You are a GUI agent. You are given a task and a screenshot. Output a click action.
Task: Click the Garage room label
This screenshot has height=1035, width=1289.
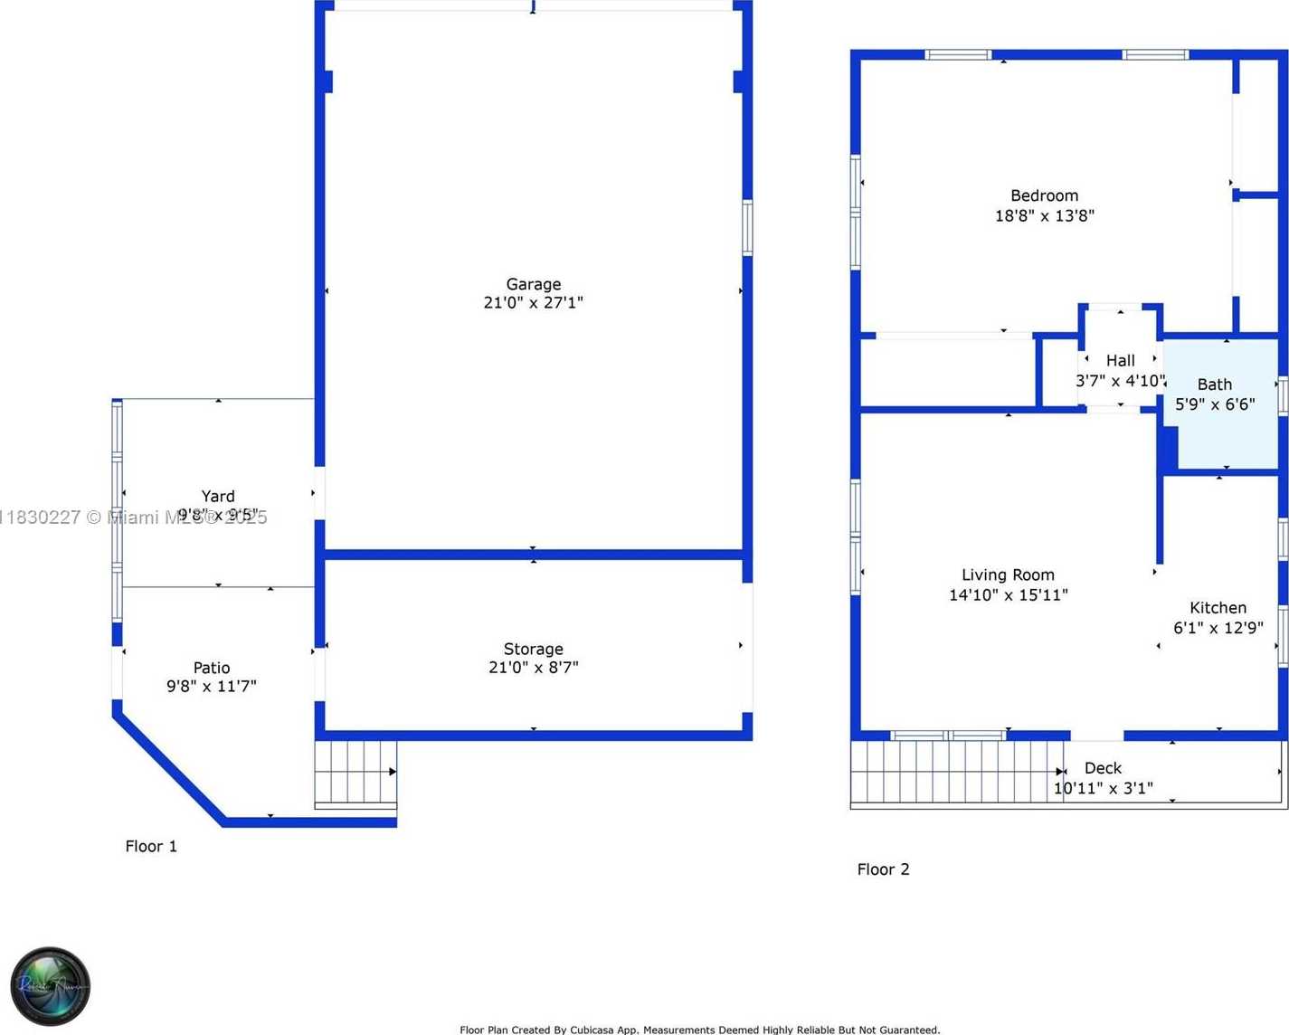pos(533,284)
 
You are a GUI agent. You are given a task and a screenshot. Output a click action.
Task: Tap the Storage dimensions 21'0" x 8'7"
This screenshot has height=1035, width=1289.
pos(533,668)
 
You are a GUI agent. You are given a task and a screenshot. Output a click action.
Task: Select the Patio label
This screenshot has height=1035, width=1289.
pos(212,668)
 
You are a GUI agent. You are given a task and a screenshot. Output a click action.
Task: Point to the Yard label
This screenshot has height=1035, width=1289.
pos(218,496)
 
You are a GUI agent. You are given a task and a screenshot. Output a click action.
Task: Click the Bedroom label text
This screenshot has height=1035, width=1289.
pos(1044,195)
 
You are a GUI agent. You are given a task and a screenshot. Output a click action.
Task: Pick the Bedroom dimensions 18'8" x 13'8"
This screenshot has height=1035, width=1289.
pos(1044,216)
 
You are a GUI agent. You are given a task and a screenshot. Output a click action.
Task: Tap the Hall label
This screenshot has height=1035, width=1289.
pos(1120,360)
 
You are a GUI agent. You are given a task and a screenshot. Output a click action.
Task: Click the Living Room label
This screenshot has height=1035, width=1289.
pos(1008,574)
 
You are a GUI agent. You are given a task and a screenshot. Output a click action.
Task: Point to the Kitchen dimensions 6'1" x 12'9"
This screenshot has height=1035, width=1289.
pos(1218,628)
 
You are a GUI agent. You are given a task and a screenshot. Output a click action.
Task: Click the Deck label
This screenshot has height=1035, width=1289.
pos(1103,768)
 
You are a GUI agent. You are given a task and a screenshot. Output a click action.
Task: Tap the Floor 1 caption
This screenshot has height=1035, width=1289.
pos(151,846)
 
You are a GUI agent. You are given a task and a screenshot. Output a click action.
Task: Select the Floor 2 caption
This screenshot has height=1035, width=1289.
pos(883,869)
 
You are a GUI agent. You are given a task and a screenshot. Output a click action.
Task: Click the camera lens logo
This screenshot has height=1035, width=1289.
pos(51,986)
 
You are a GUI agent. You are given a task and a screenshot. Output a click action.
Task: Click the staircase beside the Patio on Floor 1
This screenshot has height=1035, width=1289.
pos(355,774)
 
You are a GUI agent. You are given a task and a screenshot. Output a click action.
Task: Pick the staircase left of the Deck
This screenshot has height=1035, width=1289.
pos(954,772)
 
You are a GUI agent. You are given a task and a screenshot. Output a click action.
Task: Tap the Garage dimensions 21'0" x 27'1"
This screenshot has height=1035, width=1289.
pos(533,303)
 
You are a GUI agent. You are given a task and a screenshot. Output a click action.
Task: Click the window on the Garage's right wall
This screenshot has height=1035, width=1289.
pos(747,228)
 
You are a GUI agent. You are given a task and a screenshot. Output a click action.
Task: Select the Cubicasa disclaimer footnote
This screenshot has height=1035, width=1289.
pos(699,1030)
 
